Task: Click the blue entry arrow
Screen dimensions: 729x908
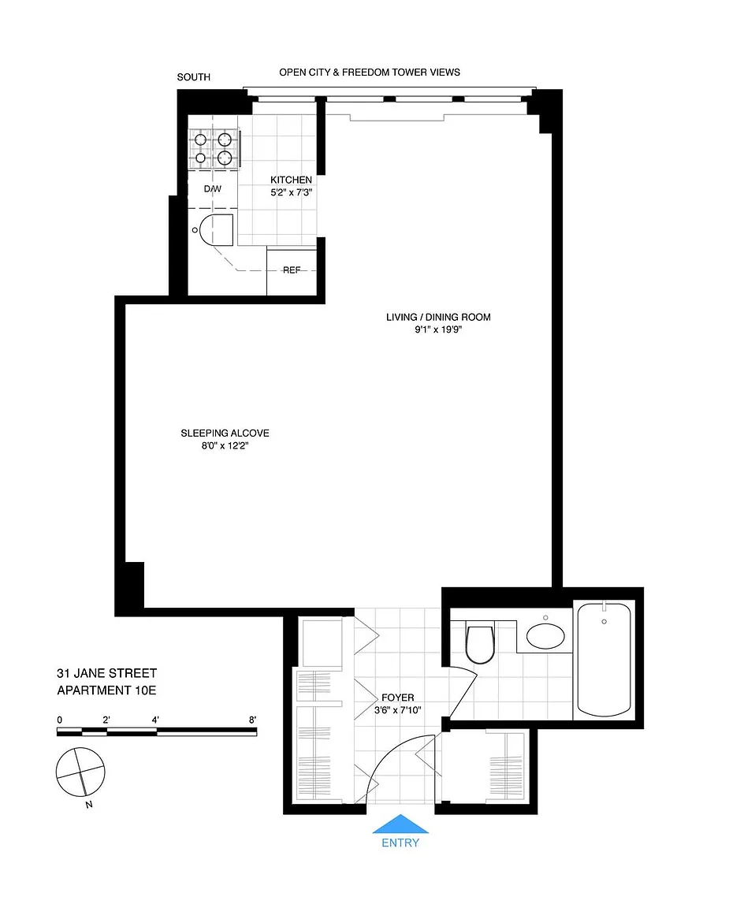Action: point(400,824)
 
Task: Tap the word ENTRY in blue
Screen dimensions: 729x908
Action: point(400,843)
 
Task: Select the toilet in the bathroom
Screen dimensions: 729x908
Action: point(480,643)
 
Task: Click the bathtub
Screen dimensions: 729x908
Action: point(604,660)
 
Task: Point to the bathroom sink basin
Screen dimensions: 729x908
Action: point(545,635)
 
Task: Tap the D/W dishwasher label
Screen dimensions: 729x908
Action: point(213,189)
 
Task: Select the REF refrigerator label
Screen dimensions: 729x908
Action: point(292,270)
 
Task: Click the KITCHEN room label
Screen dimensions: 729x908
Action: point(292,180)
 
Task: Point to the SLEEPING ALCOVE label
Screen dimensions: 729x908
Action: point(225,434)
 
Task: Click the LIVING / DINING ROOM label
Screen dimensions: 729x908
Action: point(438,318)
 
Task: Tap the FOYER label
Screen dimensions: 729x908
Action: point(398,698)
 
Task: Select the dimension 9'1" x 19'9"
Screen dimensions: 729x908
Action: point(438,330)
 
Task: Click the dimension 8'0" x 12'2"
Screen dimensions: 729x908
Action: point(225,446)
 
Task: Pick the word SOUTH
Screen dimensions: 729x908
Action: point(193,77)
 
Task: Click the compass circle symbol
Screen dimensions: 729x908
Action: point(80,772)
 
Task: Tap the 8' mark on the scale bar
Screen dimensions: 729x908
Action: point(252,720)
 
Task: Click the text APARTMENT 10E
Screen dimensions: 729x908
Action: point(106,690)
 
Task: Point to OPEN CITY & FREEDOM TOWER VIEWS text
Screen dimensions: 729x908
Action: point(370,73)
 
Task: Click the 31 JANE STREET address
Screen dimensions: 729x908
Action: point(106,673)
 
